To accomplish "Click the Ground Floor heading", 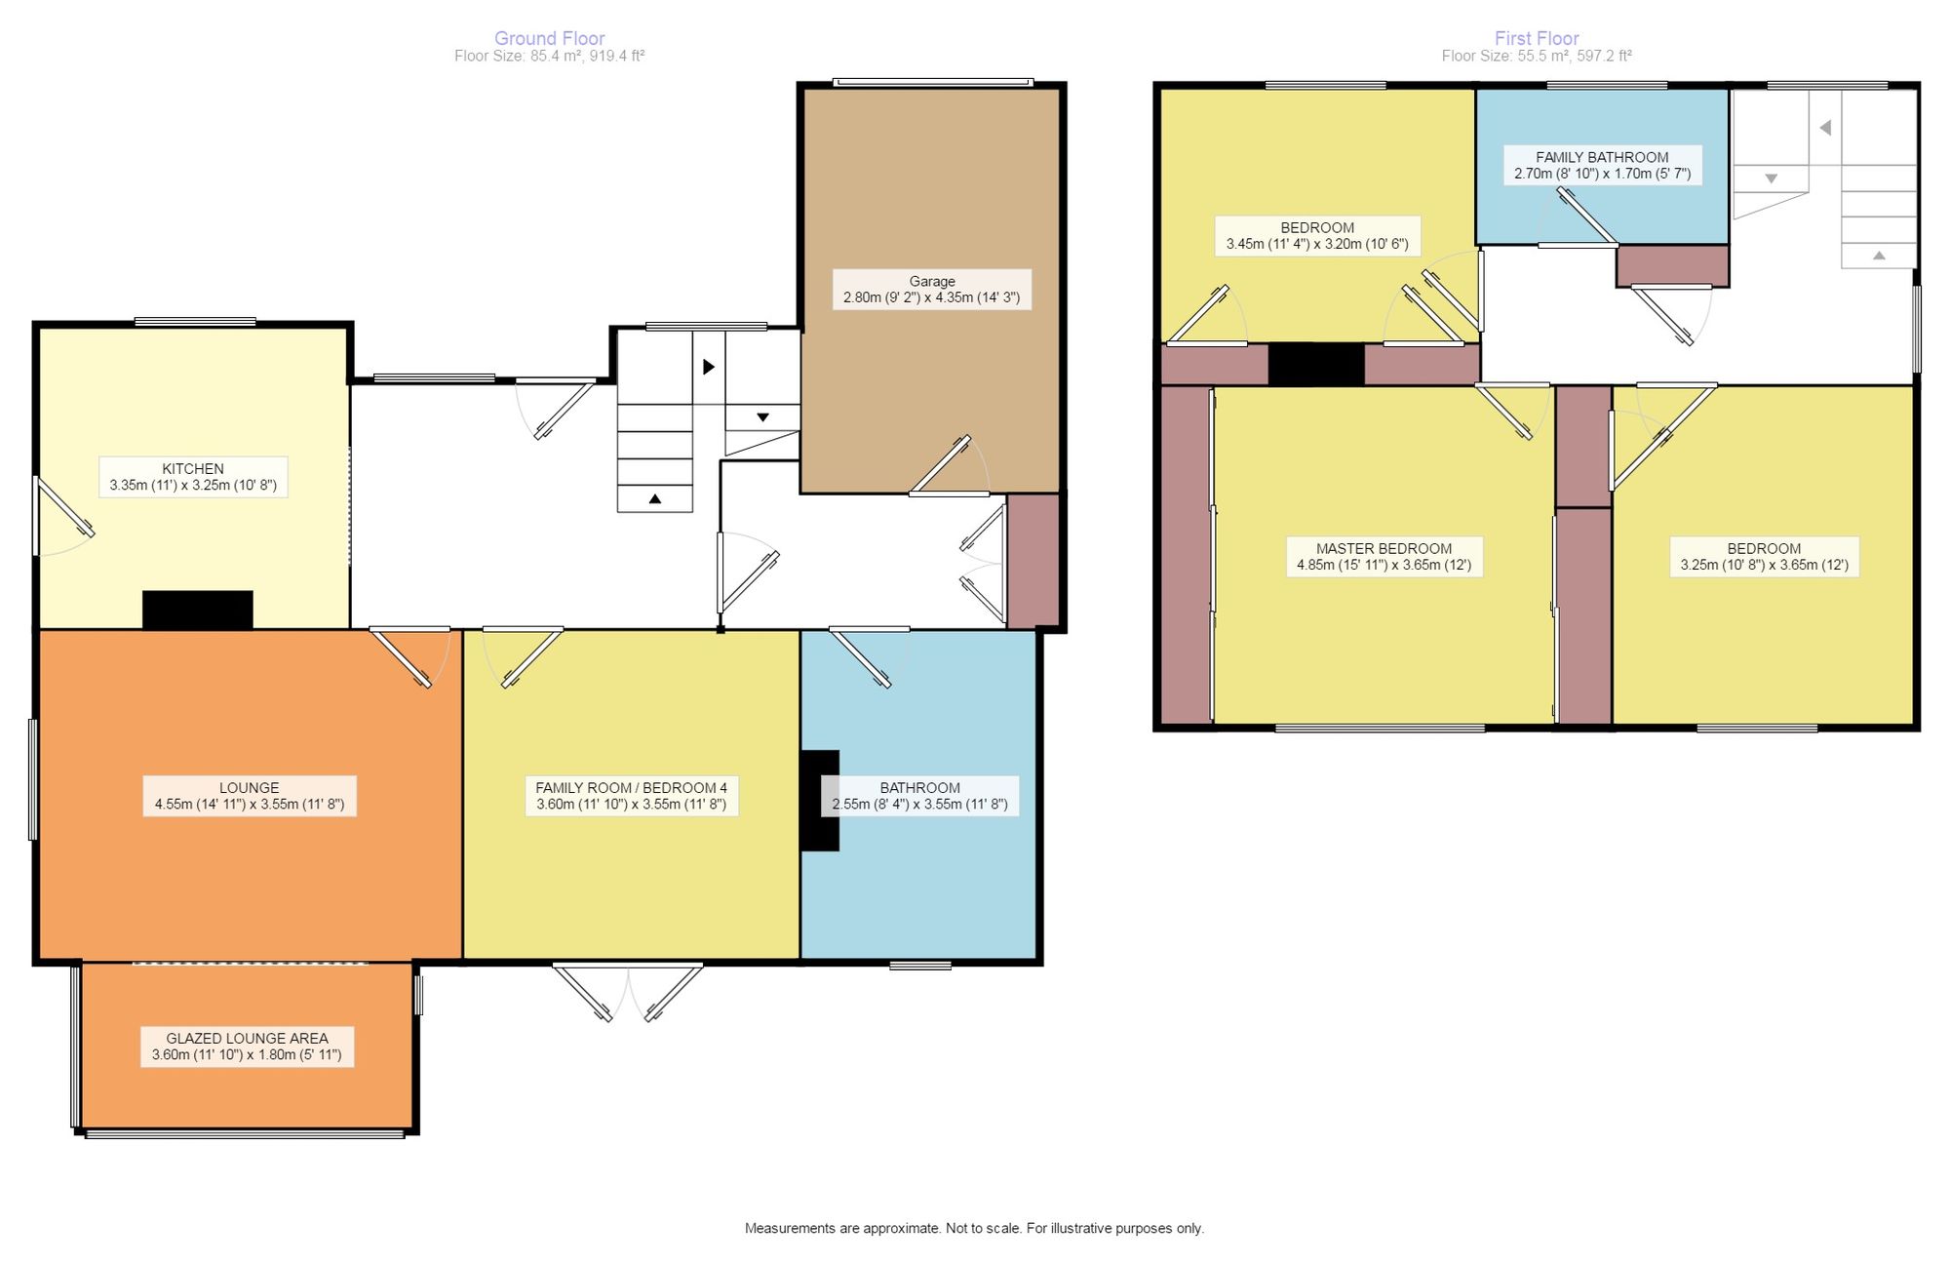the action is tap(549, 38).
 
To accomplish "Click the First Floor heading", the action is tap(1537, 38).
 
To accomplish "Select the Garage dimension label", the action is tap(932, 289).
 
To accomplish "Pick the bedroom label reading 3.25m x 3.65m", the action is tap(1764, 557).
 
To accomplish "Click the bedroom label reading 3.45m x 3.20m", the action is tap(1317, 236).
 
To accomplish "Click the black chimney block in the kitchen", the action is tap(198, 610).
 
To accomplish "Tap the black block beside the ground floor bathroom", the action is tap(820, 801).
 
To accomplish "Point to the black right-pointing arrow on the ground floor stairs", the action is tap(709, 367).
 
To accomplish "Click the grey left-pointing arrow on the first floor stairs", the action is tap(1825, 128).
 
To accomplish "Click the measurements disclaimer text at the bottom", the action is tap(974, 1228).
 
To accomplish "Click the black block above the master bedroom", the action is tap(1316, 364).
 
